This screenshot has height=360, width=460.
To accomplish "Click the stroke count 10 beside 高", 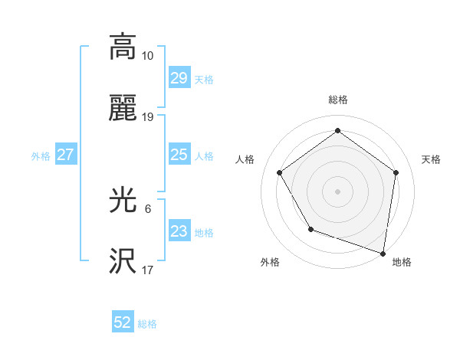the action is (148, 55).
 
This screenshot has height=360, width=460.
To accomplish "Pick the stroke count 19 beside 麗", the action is (148, 117).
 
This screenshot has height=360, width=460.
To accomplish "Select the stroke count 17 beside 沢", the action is (148, 270).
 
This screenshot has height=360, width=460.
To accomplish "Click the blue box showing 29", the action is (179, 78).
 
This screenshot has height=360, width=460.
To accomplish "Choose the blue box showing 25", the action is (179, 155).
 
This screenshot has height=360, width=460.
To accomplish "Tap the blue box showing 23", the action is (179, 232).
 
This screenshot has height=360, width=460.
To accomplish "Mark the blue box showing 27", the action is (65, 155).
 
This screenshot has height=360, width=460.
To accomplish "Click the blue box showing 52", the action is (123, 322).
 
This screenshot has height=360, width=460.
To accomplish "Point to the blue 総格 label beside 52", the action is (147, 324).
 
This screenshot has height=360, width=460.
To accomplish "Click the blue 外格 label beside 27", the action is (41, 156).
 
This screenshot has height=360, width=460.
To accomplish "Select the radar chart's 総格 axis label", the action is (338, 100).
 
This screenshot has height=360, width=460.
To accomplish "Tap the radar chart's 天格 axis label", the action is (431, 159).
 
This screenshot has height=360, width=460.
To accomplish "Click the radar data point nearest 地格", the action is (383, 253).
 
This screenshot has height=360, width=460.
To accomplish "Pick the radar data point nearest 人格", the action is (280, 172).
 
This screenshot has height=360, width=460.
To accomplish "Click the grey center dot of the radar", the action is (338, 191).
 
